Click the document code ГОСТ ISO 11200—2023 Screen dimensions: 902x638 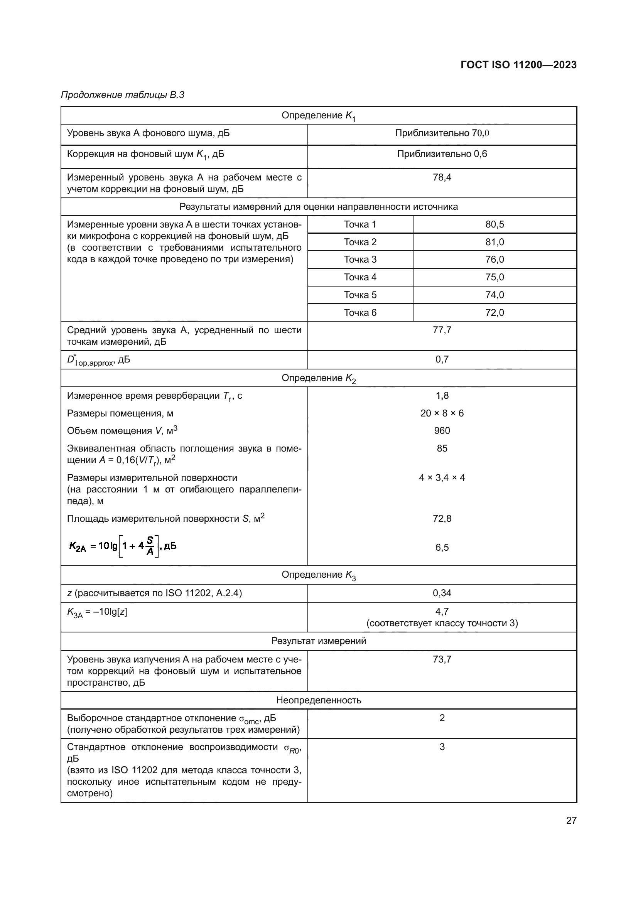pyautogui.click(x=518, y=65)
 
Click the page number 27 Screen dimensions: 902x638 pyautogui.click(x=571, y=820)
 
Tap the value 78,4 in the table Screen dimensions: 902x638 pyautogui.click(x=442, y=177)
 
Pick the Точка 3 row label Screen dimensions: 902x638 pyautogui.click(x=360, y=259)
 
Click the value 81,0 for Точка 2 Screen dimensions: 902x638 pyautogui.click(x=495, y=242)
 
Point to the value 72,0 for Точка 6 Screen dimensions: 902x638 pyautogui.click(x=495, y=312)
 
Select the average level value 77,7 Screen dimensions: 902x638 pyautogui.click(x=442, y=330)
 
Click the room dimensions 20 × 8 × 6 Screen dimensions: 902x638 pyautogui.click(x=442, y=413)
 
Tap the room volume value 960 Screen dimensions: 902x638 pyautogui.click(x=442, y=431)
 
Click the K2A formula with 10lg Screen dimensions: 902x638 pyautogui.click(x=123, y=546)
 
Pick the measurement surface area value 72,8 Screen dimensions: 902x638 pyautogui.click(x=442, y=519)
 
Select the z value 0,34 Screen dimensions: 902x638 pyautogui.click(x=442, y=593)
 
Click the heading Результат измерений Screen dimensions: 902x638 pyautogui.click(x=319, y=641)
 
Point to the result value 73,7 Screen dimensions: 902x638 pyautogui.click(x=442, y=659)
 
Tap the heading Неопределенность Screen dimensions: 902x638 pyautogui.click(x=319, y=700)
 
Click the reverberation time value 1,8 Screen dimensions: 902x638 pyautogui.click(x=442, y=396)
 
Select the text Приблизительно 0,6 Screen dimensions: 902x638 pyautogui.click(x=442, y=154)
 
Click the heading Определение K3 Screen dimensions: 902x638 pyautogui.click(x=319, y=575)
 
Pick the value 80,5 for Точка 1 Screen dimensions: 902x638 pyautogui.click(x=495, y=224)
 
